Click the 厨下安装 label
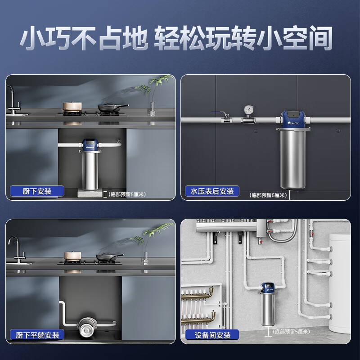pos(37,191)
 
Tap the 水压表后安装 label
pos(212,191)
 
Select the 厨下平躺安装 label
pos(37,335)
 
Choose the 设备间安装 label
pos(212,335)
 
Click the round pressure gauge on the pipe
pos(247,110)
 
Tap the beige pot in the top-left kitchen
pos(71,107)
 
